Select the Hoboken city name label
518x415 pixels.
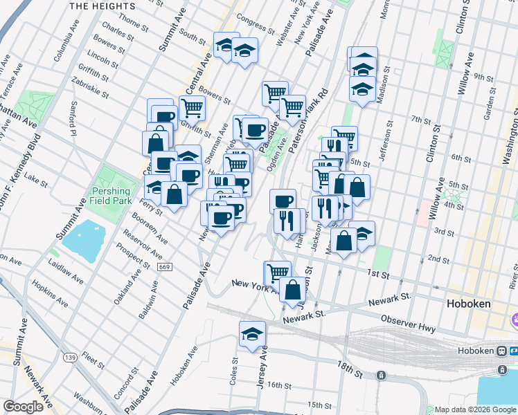point(467,304)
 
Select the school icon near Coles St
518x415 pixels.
point(252,334)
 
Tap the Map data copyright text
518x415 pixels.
point(471,409)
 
